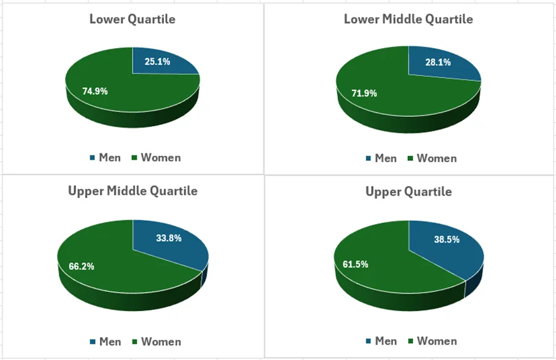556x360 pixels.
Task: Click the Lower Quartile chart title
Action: [x=132, y=19]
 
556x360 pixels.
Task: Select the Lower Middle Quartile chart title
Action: [x=408, y=19]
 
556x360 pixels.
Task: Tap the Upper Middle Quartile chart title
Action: [x=132, y=191]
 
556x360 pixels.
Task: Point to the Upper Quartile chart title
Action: [x=408, y=191]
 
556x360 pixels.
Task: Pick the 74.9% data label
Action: [x=95, y=91]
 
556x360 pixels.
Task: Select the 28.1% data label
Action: [x=437, y=62]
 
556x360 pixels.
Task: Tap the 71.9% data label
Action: [x=364, y=93]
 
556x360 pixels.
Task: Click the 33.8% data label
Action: [x=168, y=238]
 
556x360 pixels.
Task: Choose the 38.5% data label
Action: [x=447, y=239]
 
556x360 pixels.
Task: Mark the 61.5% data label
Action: [x=355, y=264]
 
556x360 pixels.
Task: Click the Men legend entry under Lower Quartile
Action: [x=105, y=158]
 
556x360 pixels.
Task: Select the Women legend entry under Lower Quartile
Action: [x=156, y=158]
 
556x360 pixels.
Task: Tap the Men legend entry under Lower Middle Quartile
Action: [x=381, y=158]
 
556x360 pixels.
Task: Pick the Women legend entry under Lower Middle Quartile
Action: [x=432, y=158]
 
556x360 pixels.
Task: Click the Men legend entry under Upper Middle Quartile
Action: [x=105, y=341]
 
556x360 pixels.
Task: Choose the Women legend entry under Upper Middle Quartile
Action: [x=156, y=341]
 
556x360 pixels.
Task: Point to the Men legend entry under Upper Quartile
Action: [x=381, y=341]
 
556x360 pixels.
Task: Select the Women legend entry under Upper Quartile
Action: [x=432, y=341]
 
